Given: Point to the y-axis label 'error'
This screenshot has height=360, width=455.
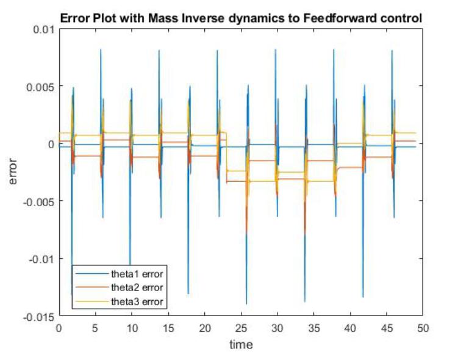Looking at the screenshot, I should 13,172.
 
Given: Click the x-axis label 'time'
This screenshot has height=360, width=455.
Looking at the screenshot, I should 240,345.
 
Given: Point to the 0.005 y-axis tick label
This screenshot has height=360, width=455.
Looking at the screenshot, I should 40,87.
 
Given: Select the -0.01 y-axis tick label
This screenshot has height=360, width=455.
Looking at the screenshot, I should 41,259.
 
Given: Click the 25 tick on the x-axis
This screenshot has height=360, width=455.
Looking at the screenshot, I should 240,328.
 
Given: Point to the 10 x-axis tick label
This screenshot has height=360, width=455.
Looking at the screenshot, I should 131,328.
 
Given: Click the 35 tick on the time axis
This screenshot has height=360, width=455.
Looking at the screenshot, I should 313,328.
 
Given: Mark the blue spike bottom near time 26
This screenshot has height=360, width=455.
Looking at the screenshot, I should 246,303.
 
